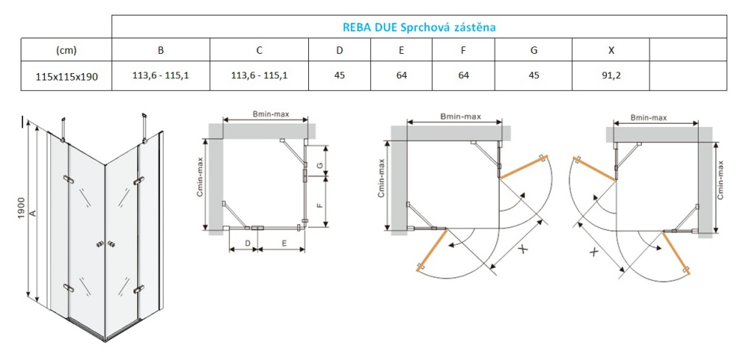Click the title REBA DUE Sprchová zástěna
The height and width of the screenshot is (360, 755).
pos(419,27)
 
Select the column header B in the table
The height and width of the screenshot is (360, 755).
pos(160,50)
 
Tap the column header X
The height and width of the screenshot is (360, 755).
pos(610,50)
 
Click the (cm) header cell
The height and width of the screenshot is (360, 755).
pos(66,50)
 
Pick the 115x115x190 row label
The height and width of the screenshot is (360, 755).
pos(66,75)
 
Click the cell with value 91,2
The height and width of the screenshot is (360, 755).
pos(610,75)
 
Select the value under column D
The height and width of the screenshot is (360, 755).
pos(339,75)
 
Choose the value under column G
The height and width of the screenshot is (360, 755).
pos(533,75)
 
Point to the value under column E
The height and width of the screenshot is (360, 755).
pos(402,75)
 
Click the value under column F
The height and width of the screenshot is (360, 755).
pos(463,75)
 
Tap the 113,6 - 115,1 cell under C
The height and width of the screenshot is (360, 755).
pos(259,75)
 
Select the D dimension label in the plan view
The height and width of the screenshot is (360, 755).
pos(248,241)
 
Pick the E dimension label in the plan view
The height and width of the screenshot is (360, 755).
pos(283,241)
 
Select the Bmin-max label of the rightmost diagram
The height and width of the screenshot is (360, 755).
pos(649,117)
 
